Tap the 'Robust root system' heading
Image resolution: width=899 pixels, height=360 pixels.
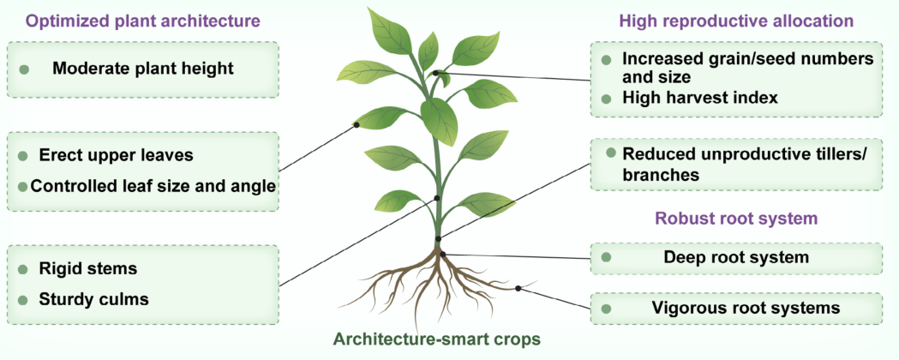(x=736, y=218)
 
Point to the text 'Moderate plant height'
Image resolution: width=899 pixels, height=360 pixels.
(x=142, y=68)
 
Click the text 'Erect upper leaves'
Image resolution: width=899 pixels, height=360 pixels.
(x=116, y=155)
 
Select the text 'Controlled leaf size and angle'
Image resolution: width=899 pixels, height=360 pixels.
(x=153, y=185)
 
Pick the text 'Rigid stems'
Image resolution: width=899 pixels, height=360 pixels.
(x=87, y=268)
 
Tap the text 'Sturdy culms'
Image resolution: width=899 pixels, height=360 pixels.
(x=93, y=299)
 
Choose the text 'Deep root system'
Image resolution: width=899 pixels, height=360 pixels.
(x=736, y=256)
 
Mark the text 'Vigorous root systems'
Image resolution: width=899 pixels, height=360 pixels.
(x=745, y=307)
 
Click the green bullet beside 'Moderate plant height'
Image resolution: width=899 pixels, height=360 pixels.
(x=24, y=68)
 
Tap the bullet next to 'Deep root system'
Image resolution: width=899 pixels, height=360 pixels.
(x=607, y=256)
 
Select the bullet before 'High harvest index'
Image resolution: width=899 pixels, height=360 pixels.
(x=607, y=99)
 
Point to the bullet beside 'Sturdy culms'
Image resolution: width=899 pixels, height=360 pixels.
(x=21, y=299)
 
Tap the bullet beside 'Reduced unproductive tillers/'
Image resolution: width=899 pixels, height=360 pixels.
(x=610, y=153)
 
